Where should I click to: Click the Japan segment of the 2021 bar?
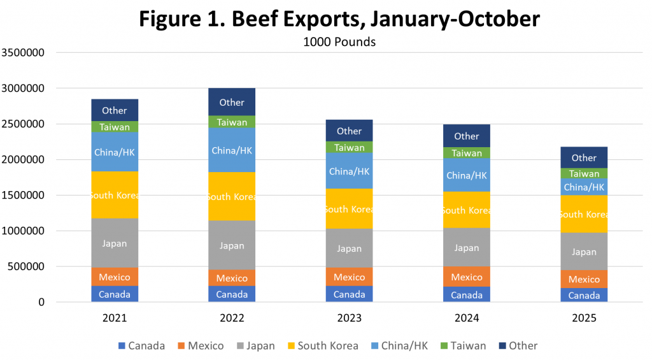(115, 243)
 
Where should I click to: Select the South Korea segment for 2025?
(584, 214)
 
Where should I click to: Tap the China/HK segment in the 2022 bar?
(232, 150)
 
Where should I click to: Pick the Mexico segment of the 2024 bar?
(467, 277)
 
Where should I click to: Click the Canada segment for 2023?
(349, 294)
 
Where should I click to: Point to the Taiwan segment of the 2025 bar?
(584, 173)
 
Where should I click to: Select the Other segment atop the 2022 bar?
(232, 102)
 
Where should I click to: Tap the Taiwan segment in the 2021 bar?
(115, 127)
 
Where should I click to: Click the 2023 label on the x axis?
(349, 318)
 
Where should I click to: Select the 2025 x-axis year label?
(584, 318)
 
